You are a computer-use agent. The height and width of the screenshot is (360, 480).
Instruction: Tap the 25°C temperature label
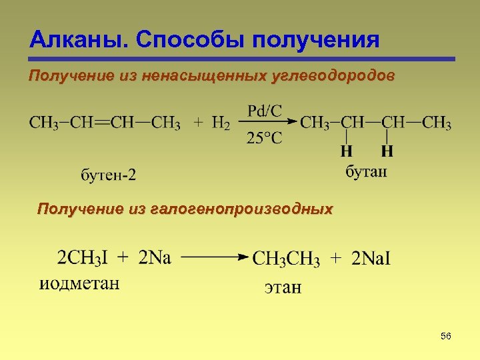click(264, 139)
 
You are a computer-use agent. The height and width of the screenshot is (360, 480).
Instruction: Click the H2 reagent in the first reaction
click(221, 125)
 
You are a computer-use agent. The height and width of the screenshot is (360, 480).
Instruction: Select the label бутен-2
click(107, 176)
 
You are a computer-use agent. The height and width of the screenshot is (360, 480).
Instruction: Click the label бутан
click(365, 172)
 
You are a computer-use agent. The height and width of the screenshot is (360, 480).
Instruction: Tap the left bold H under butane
click(347, 151)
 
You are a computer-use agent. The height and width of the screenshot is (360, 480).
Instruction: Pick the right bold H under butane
click(387, 151)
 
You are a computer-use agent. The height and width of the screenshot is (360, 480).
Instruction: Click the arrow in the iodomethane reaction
click(213, 257)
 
